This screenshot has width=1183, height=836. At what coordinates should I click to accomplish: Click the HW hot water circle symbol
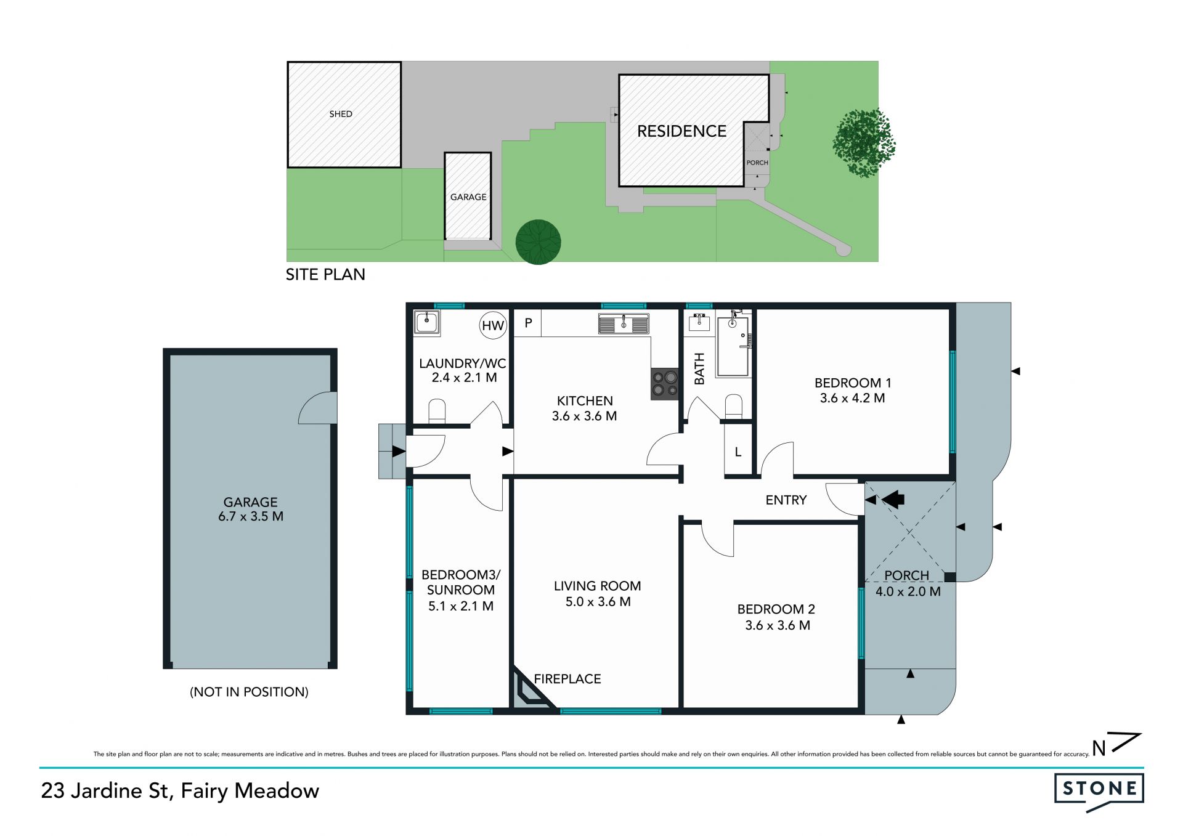tap(493, 325)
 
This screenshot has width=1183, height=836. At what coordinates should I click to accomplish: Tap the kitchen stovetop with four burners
tap(665, 384)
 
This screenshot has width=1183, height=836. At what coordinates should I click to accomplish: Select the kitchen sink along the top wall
tap(624, 323)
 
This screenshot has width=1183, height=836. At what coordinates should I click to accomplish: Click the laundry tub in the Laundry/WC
tap(426, 322)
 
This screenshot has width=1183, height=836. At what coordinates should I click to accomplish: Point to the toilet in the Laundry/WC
tap(437, 412)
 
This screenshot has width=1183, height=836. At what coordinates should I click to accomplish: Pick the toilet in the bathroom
tap(733, 407)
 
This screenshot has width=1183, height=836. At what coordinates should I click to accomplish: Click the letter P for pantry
tap(528, 323)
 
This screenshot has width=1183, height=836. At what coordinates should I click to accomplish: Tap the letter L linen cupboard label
tap(738, 452)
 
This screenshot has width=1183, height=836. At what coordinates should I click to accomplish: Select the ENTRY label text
tap(786, 500)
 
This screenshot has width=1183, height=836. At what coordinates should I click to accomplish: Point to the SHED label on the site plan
tap(341, 114)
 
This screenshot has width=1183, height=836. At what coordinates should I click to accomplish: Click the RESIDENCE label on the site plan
tap(681, 131)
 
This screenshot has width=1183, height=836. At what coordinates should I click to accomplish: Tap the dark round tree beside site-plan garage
tap(539, 242)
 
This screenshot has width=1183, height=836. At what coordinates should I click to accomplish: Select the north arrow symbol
tap(1116, 744)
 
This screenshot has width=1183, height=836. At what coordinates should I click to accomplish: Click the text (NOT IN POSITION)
tap(249, 692)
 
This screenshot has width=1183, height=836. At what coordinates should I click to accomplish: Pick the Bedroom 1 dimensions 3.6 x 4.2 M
tap(853, 399)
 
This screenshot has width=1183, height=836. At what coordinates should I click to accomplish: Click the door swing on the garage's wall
tap(317, 408)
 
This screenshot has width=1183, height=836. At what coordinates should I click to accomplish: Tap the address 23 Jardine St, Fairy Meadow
tap(180, 791)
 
